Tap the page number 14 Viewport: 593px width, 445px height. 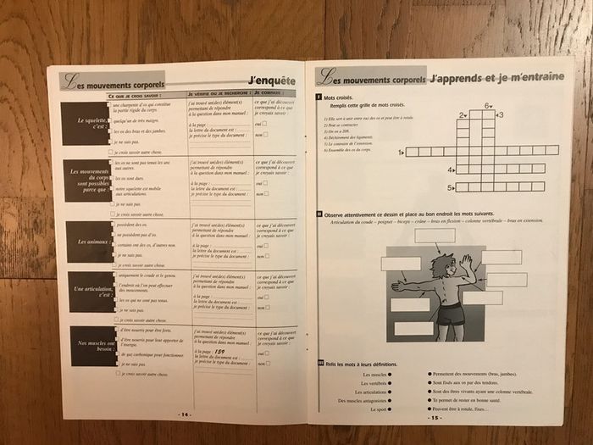pos(184,414)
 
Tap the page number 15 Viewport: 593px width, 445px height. pos(435,417)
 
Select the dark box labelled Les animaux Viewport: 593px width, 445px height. pos(90,242)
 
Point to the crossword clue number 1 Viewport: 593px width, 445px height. pos(399,153)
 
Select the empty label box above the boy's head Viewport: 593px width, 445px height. pos(435,236)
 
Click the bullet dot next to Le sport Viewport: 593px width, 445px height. pos(391,410)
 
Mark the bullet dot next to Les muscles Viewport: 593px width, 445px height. pos(391,374)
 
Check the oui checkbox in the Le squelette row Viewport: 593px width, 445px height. pos(266,125)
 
